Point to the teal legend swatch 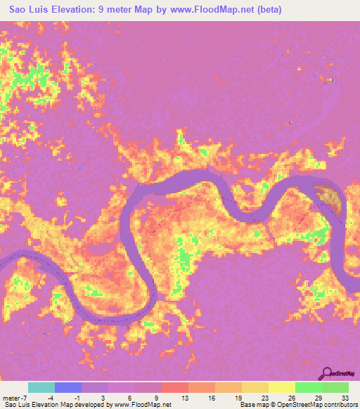pos(41,387)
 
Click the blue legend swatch pos(68,387)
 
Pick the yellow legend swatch pos(281,387)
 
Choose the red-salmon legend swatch pos(174,387)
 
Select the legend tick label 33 pos(345,397)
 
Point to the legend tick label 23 pos(265,397)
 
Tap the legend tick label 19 pos(238,397)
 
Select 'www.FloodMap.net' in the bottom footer pos(143,405)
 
